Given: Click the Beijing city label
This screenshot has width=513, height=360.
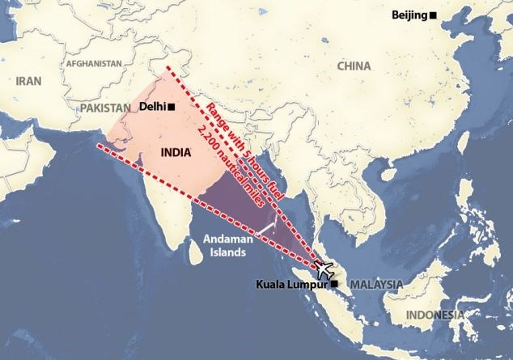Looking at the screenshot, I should pyautogui.click(x=409, y=15).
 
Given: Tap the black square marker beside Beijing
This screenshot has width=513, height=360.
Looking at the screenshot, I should pyautogui.click(x=433, y=15).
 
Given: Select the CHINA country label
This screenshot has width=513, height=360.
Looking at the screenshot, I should pyautogui.click(x=354, y=66).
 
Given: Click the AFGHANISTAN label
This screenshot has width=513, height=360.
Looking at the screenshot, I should pyautogui.click(x=95, y=63).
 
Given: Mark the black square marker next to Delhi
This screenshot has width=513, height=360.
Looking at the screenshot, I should pyautogui.click(x=171, y=107).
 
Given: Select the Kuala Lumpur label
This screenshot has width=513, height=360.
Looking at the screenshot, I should pyautogui.click(x=292, y=284).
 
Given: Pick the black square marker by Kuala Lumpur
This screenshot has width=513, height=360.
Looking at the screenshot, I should pyautogui.click(x=333, y=284).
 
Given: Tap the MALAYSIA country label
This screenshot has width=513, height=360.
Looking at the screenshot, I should pyautogui.click(x=376, y=284).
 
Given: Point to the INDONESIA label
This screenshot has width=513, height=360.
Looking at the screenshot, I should pyautogui.click(x=435, y=315).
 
